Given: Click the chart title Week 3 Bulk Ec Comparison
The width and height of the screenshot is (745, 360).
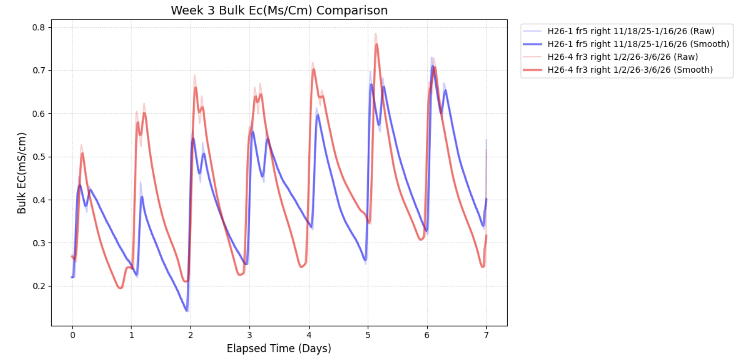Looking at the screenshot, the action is point(279,10).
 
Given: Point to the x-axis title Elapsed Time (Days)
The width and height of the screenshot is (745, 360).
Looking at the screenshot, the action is point(279,348).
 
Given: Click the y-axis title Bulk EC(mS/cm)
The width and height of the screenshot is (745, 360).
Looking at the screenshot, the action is point(22,173).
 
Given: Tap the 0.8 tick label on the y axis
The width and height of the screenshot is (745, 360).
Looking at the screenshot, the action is point(39,28).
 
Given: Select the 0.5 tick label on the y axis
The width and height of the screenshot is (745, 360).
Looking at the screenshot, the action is point(39,157).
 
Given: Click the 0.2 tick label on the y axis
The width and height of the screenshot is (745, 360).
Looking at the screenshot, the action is point(39,286).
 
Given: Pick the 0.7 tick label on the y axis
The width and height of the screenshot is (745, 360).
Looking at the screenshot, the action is point(39,70).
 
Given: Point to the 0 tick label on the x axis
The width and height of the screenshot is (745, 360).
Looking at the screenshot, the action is point(72,335).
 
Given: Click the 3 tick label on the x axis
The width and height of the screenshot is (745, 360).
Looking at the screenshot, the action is point(250,335).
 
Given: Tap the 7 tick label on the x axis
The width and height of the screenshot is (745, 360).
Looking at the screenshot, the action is point(486,335).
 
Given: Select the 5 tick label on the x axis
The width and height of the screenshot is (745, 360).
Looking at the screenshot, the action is point(368,335).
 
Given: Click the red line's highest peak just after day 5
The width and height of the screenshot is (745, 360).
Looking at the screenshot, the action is point(377,44).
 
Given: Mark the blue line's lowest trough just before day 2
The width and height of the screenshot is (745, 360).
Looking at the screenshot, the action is point(187,311).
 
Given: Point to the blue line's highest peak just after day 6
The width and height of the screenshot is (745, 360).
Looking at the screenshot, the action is point(432,66).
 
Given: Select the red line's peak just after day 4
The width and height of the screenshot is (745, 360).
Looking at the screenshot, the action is point(313,69).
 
